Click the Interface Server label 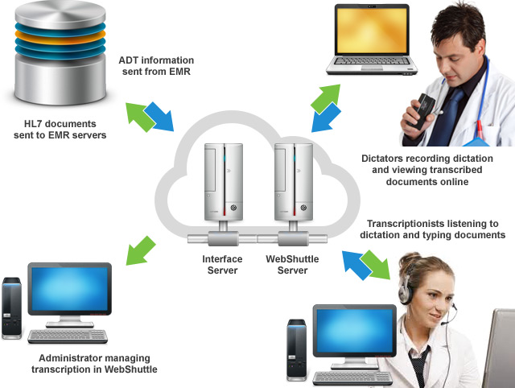pos(222,265)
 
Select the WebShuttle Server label pos(292,265)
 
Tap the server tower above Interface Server pos(224,182)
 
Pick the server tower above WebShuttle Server pos(294,182)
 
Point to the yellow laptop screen pos(372,31)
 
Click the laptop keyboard pos(371,61)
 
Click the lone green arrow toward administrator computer pos(140,251)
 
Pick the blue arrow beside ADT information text pos(159,116)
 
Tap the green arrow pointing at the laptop pos(326,98)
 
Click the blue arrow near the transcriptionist pos(356,265)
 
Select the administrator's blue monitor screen pos(70,289)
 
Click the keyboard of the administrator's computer pos(68,336)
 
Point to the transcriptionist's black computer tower pos(297,350)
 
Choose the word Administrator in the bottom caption pos(67,358)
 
